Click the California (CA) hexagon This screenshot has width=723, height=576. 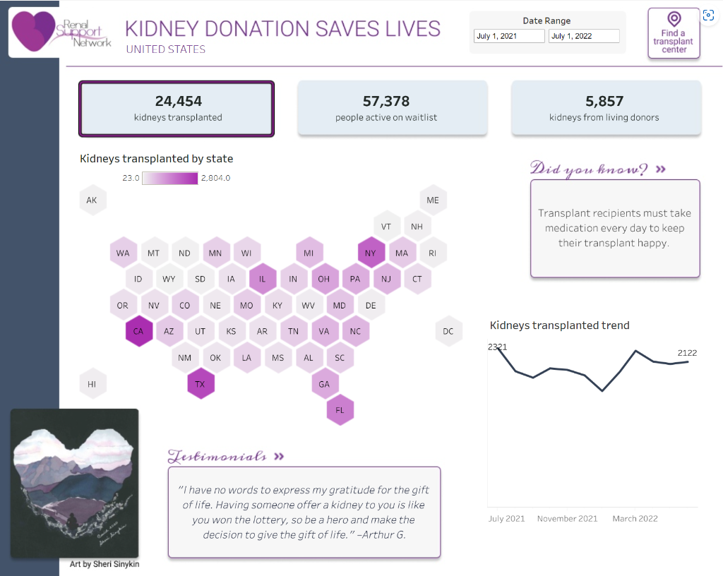(138, 331)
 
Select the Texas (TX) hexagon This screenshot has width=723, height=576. (201, 384)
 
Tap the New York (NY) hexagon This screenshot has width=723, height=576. (371, 252)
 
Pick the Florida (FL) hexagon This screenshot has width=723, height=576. (340, 410)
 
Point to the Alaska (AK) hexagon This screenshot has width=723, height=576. (92, 200)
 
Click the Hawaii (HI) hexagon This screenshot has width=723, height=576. (92, 384)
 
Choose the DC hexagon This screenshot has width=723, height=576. (448, 331)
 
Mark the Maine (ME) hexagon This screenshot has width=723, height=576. (433, 200)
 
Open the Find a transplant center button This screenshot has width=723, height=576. (674, 33)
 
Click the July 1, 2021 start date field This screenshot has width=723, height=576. (508, 36)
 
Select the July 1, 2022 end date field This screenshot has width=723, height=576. (584, 36)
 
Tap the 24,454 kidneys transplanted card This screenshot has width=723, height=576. (177, 108)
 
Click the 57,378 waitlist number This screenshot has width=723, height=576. (386, 102)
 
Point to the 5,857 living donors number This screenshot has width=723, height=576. (604, 102)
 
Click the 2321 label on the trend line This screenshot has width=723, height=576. (497, 347)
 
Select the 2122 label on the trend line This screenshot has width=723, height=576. (687, 353)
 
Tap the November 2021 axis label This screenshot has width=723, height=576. (567, 518)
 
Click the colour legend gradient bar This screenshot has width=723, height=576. (169, 178)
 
